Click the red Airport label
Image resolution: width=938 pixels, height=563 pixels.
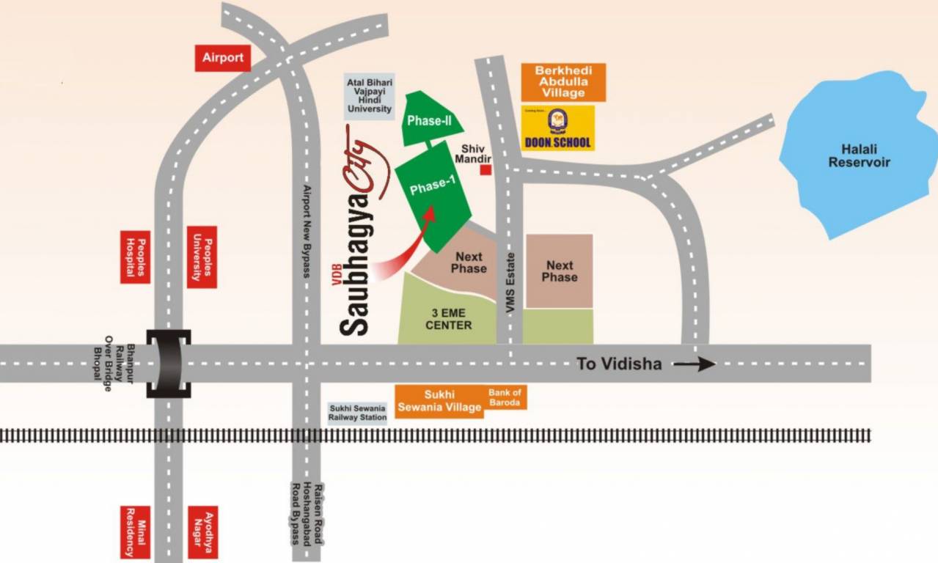click(x=222, y=58)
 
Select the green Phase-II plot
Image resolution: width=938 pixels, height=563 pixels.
click(x=428, y=120)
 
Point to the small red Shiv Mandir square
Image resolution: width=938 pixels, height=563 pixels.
click(x=485, y=170)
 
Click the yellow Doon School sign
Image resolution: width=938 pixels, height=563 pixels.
click(x=557, y=128)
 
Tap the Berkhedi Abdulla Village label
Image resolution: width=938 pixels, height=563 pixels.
click(x=563, y=82)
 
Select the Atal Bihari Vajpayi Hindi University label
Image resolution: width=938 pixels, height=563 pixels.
click(x=370, y=97)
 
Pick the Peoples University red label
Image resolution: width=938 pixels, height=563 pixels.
click(x=202, y=257)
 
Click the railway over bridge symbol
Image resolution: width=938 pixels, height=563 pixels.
click(x=169, y=364)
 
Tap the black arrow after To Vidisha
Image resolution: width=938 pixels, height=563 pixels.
click(x=694, y=364)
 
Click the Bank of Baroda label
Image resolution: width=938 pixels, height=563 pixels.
click(x=505, y=398)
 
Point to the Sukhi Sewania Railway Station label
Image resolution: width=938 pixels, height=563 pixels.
click(x=357, y=413)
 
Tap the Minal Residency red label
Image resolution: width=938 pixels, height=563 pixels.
click(x=136, y=531)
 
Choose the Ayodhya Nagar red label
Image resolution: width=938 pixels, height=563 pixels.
click(x=203, y=531)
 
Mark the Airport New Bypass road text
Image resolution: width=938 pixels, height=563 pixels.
click(x=307, y=231)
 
